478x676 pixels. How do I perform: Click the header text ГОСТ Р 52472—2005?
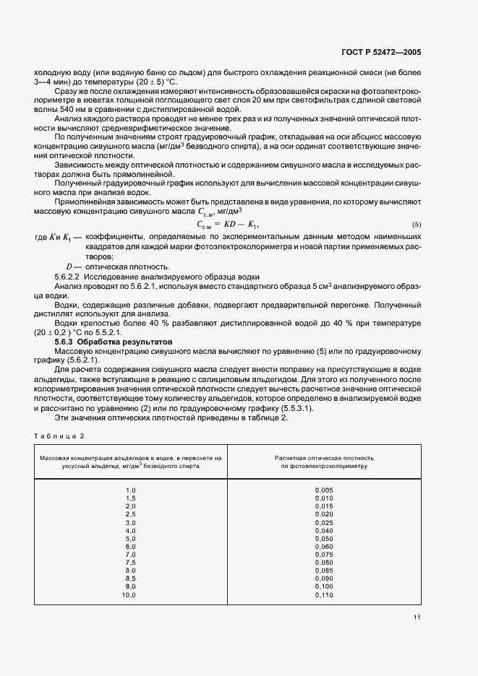390,52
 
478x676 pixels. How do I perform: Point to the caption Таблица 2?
60,435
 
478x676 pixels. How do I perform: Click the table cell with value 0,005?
324,490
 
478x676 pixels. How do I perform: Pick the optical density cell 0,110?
324,595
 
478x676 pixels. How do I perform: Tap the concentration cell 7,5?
131,563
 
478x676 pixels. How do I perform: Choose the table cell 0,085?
324,571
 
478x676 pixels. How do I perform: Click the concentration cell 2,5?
131,514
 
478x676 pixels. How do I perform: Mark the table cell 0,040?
324,531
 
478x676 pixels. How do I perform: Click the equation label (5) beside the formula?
417,225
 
